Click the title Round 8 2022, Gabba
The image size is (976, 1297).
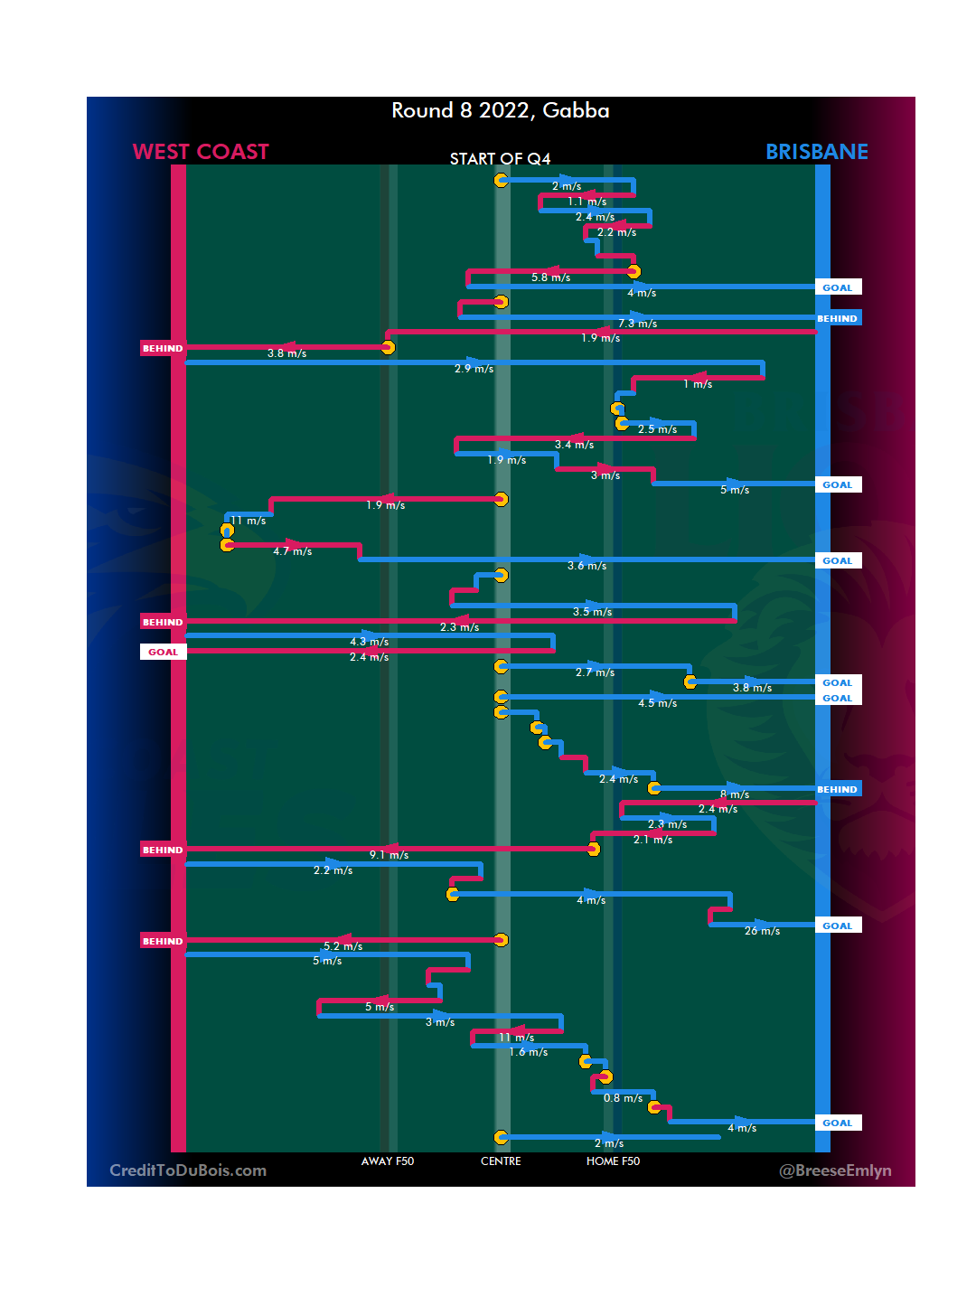point(500,110)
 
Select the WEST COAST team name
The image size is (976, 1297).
point(201,152)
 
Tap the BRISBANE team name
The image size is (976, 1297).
point(816,152)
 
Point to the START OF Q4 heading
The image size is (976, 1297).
point(500,159)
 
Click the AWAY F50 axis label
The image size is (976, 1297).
point(387,1161)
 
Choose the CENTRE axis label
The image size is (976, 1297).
point(501,1161)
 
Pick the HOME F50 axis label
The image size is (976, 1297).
point(613,1161)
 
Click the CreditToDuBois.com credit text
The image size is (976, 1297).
point(188,1170)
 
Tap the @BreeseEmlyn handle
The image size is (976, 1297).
point(834,1170)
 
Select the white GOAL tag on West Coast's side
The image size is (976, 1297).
point(163,652)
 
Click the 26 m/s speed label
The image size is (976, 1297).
point(762,931)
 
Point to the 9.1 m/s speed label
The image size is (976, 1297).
point(389,855)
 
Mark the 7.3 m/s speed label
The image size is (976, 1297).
point(637,324)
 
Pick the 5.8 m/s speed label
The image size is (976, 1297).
point(550,277)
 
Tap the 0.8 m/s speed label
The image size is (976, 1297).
point(623,1098)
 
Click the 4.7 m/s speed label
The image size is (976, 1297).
point(292,551)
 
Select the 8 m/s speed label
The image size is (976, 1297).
point(734,794)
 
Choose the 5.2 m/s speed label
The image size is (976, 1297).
point(343,946)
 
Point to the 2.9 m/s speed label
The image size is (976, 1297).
point(474,369)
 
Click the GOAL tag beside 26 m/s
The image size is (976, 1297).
point(837,926)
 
